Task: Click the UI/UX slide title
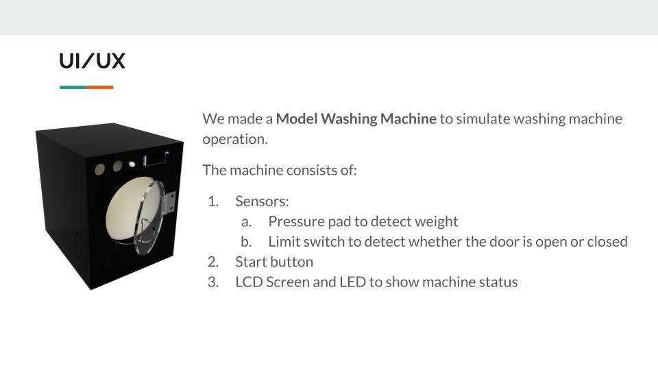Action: tap(92, 61)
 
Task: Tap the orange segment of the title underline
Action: tap(100, 87)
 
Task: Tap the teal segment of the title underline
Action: tap(73, 87)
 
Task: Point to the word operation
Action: tap(235, 140)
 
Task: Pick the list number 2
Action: tap(213, 262)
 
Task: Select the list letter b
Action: tap(246, 242)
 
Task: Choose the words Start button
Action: tap(274, 262)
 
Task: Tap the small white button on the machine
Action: tap(132, 164)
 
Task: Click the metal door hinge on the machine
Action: tap(169, 201)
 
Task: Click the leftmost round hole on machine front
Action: tap(99, 169)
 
